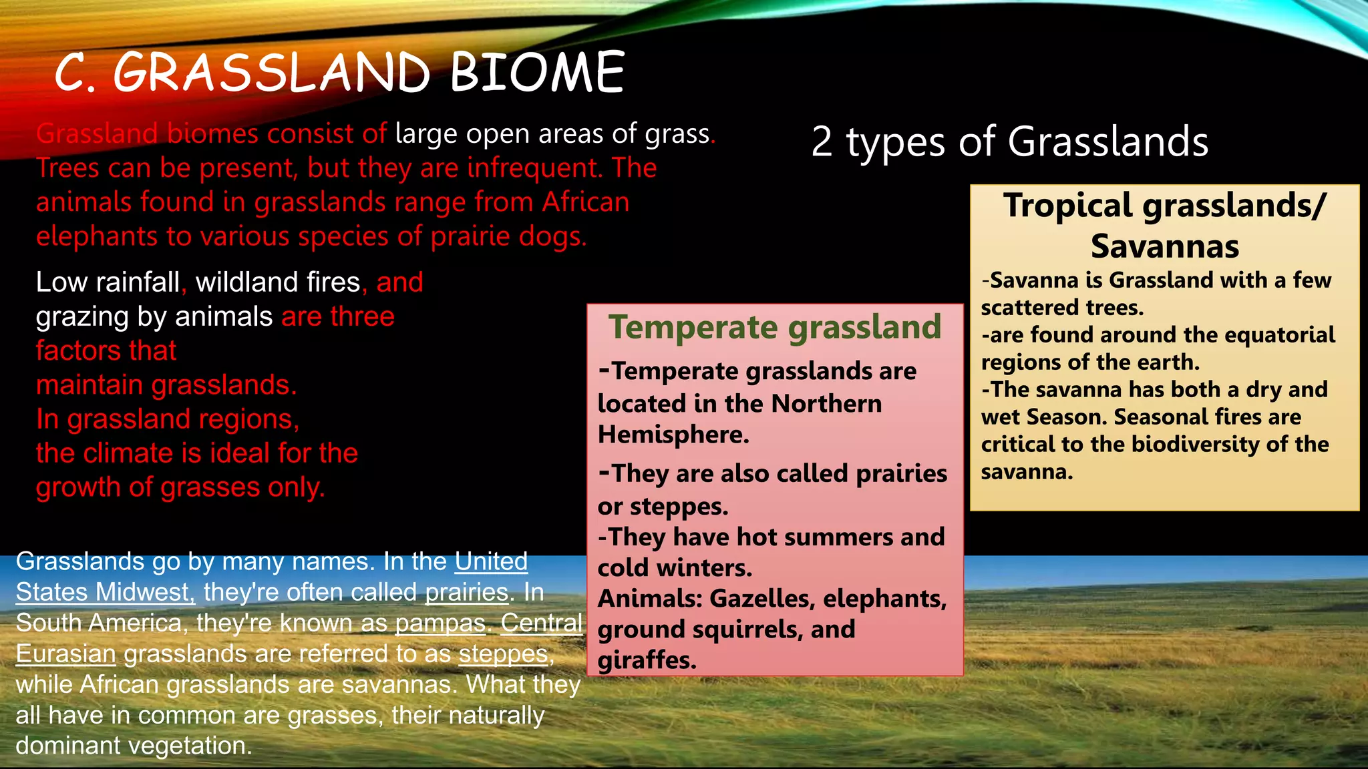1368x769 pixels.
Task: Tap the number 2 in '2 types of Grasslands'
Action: pyautogui.click(x=822, y=142)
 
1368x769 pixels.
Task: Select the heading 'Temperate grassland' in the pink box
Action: pyautogui.click(x=775, y=327)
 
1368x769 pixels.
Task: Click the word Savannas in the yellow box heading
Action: pyautogui.click(x=1165, y=246)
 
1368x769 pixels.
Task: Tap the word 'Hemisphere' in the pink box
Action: pyautogui.click(x=673, y=435)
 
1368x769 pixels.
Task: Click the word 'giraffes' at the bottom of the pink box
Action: pyautogui.click(x=647, y=660)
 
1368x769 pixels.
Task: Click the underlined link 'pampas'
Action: pyautogui.click(x=440, y=623)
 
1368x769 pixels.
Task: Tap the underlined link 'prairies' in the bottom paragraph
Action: pyautogui.click(x=467, y=592)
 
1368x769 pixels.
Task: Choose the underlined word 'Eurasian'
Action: pyautogui.click(x=66, y=654)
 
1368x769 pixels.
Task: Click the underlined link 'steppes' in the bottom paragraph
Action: pyautogui.click(x=503, y=654)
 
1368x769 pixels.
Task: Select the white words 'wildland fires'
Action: pyautogui.click(x=278, y=282)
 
